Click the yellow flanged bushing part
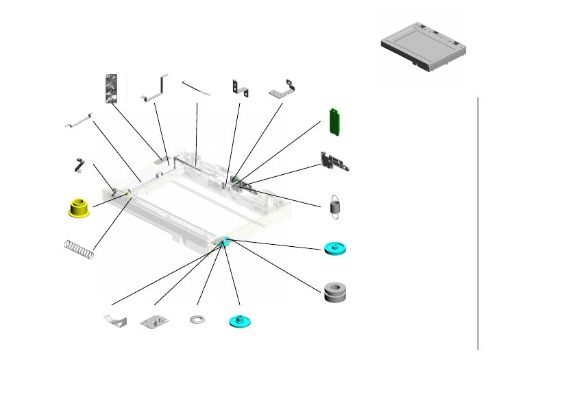(80, 208)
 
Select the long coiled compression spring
(79, 249)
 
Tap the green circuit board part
(335, 121)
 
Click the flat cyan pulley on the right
(335, 248)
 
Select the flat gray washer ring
(198, 320)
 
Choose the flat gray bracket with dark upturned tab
(284, 90)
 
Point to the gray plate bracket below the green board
(335, 162)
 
